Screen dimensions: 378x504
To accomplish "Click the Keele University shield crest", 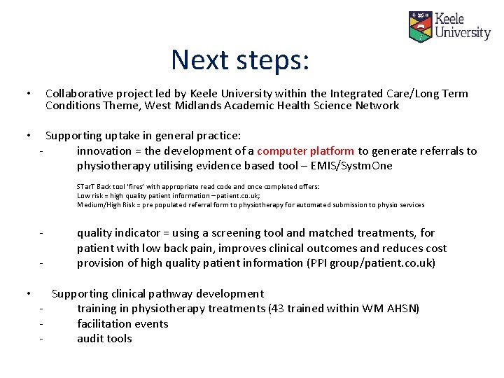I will [x=420, y=27].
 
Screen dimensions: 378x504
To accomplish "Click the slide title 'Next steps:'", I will [x=239, y=59].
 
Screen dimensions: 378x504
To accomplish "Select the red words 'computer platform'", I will [x=305, y=151].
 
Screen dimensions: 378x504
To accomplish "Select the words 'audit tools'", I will [x=104, y=339].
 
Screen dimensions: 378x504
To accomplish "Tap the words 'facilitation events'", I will [x=122, y=324].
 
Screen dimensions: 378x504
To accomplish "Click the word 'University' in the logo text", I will [x=463, y=32].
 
